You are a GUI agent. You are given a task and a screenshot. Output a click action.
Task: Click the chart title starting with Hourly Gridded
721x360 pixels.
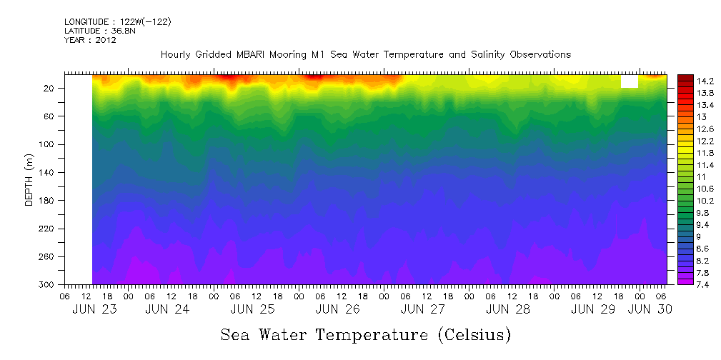tap(365, 55)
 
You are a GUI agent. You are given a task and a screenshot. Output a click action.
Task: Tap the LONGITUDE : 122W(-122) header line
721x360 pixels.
tap(117, 22)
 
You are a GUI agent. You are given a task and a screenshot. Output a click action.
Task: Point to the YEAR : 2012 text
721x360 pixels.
tap(90, 40)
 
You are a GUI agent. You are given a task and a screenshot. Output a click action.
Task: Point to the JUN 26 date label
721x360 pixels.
tap(337, 309)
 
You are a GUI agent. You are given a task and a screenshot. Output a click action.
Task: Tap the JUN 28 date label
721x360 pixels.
tap(507, 309)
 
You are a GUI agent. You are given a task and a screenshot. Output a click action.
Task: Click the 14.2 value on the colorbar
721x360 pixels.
tap(705, 81)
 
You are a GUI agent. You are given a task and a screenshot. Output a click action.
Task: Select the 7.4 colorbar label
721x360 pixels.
tap(702, 284)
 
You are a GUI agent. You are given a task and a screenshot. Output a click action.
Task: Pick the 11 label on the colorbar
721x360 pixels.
tap(700, 176)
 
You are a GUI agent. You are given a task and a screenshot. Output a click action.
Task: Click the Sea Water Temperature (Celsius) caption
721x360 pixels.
tap(365, 334)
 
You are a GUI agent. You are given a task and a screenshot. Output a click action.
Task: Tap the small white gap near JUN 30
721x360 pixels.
tap(630, 81)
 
